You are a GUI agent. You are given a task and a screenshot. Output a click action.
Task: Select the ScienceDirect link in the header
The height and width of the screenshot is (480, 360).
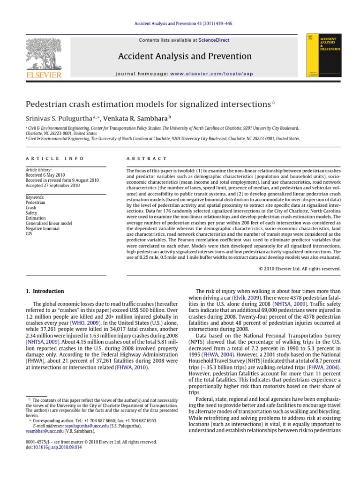click(x=214, y=40)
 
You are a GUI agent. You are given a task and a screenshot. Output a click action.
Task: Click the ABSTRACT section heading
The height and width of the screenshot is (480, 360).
click(x=147, y=159)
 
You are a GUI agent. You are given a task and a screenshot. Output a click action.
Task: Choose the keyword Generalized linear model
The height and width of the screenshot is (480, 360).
click(x=49, y=223)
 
